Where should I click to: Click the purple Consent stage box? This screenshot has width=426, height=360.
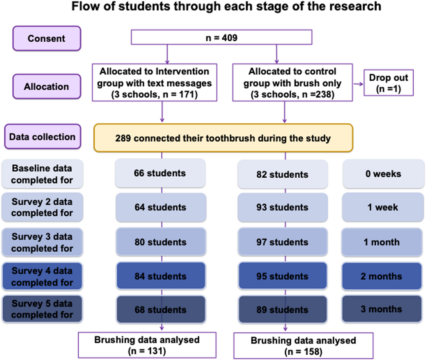click(x=47, y=38)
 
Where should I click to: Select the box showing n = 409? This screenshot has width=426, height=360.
click(x=221, y=37)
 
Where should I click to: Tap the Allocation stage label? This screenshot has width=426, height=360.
click(x=47, y=86)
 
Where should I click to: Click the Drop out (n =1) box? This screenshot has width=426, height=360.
click(x=388, y=83)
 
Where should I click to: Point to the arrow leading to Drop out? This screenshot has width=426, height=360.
click(x=358, y=84)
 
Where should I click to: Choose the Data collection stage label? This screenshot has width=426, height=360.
click(x=42, y=137)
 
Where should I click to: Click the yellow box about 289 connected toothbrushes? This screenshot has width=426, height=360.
click(x=223, y=138)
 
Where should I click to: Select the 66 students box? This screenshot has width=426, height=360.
click(x=160, y=173)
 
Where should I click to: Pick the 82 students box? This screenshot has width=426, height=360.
click(x=282, y=174)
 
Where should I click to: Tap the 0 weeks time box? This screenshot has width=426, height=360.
click(x=383, y=174)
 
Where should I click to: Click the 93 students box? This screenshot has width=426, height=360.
click(x=282, y=207)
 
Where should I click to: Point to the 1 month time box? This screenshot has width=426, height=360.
click(x=381, y=242)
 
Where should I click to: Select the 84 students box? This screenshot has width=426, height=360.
click(x=161, y=276)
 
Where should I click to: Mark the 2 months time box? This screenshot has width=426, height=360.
click(x=381, y=276)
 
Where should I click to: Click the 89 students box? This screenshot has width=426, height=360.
click(x=282, y=309)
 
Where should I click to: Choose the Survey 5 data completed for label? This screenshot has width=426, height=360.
click(x=42, y=309)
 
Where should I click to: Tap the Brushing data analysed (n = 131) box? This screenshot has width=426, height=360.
click(x=147, y=345)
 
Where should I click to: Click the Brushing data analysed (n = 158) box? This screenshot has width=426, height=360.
click(x=303, y=346)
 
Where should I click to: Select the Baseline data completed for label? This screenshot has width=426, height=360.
click(x=42, y=174)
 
